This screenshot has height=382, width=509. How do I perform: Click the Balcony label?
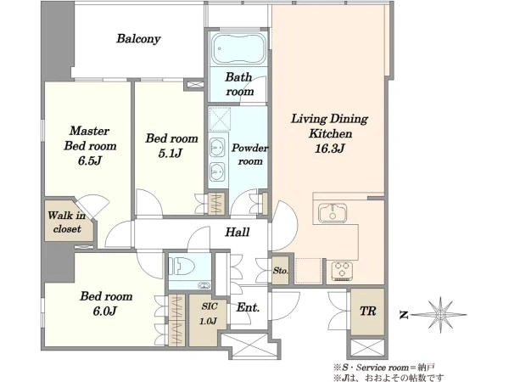point(138,39)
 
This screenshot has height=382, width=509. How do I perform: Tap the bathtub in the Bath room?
point(238,48)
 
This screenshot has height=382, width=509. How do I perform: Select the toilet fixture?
point(182,266)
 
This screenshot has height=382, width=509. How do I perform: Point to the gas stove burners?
point(342,270)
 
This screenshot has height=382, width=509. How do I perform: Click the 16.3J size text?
point(329,149)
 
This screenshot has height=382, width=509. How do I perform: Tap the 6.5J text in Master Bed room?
point(90,160)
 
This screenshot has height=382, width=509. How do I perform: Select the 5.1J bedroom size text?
point(171,153)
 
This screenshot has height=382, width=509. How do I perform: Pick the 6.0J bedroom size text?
point(105,312)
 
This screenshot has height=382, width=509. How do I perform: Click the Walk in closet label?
point(67,222)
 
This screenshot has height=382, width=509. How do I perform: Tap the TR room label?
point(368,312)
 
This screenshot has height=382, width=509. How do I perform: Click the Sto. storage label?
point(280,270)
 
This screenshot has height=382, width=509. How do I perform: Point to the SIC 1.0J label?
point(209,314)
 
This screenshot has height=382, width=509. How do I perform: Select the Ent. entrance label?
point(248,307)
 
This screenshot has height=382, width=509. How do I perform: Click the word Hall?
point(238,232)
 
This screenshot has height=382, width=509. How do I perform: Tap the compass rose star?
point(440,314)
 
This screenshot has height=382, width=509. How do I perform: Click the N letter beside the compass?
point(404,315)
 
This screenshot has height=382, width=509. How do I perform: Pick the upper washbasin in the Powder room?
point(217,146)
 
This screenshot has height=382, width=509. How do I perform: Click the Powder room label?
point(250,154)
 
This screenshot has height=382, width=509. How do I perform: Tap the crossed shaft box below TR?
point(368,348)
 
